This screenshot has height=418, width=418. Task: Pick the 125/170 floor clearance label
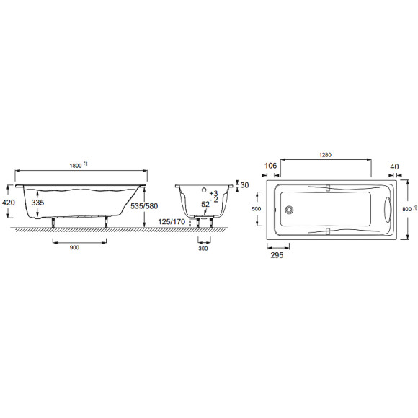point(172,221)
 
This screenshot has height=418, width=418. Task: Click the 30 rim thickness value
point(244,186)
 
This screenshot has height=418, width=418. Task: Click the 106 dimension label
point(270,165)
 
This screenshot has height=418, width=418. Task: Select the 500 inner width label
point(254,209)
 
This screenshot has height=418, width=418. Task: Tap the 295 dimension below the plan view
point(275,255)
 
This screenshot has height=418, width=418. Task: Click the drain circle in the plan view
point(291,210)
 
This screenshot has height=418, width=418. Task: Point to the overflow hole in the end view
point(204,192)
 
